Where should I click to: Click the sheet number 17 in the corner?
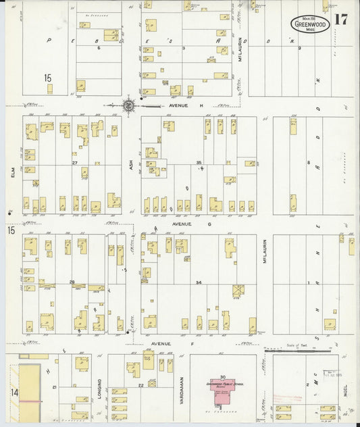click(x=341, y=19)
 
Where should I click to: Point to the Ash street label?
click(x=130, y=163)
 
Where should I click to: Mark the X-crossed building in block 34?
click(x=238, y=291)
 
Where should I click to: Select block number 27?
click(x=76, y=163)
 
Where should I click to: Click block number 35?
click(x=199, y=163)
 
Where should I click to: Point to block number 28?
click(x=72, y=282)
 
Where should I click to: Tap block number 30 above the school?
click(x=222, y=376)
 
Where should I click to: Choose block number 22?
click(x=141, y=385)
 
